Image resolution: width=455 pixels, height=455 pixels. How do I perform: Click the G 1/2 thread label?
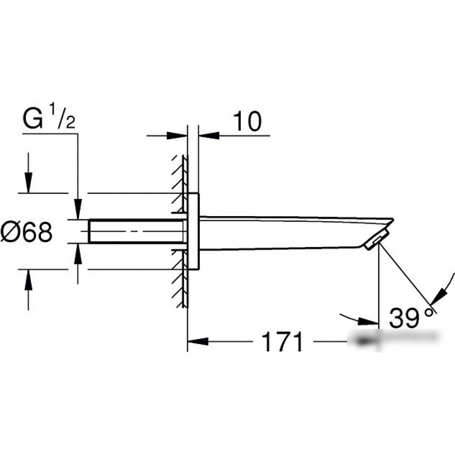pyautogui.click(x=49, y=117)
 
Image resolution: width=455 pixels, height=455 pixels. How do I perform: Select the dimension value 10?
pyautogui.click(x=247, y=121)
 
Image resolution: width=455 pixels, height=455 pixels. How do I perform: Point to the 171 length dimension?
pyautogui.click(x=282, y=342)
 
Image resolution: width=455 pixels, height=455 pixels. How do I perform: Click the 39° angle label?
pyautogui.click(x=413, y=318)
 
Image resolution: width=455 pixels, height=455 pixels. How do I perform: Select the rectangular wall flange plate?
pyautogui.click(x=193, y=231)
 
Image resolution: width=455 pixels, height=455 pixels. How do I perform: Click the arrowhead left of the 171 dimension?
pyautogui.click(x=198, y=341)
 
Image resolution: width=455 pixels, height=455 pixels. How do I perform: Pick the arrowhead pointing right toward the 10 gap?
pyautogui.click(x=177, y=136)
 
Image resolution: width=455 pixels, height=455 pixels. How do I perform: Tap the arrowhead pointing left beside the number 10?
pyautogui.click(x=209, y=135)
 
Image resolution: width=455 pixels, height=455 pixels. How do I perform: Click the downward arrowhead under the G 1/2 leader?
pyautogui.click(x=78, y=209)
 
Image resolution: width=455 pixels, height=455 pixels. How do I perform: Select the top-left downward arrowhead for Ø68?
pyautogui.click(x=28, y=182)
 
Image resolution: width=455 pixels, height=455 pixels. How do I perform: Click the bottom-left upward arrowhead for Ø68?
pyautogui.click(x=28, y=280)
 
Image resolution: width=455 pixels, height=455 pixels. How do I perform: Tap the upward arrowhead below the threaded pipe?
pyautogui.click(x=78, y=254)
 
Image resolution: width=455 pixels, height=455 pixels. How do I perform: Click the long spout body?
pyautogui.click(x=290, y=233)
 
